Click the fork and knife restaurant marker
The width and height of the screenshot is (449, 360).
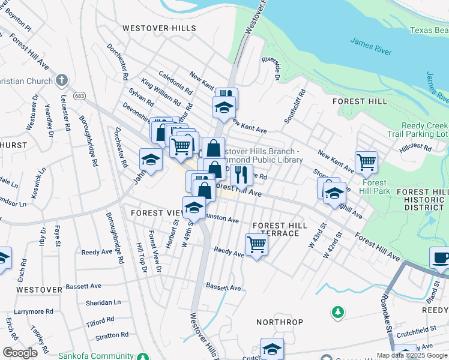241,175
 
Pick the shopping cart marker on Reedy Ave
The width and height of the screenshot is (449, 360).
256,244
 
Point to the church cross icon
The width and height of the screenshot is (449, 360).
62,80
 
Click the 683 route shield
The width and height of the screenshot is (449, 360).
79,95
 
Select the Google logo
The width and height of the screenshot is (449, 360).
20,352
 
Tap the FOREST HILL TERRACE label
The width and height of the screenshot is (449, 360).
280,229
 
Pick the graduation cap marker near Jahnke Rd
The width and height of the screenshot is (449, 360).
151,160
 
